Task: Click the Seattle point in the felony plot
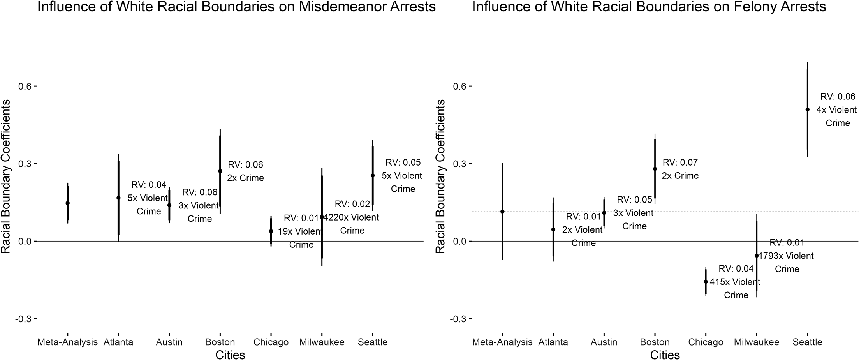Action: point(807,109)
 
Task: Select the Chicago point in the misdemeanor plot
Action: point(271,231)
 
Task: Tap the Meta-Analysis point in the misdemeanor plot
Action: point(67,203)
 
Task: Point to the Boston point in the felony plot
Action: point(655,169)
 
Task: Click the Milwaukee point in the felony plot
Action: point(757,256)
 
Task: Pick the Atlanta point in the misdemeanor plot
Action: point(118,198)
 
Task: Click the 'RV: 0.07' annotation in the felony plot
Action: point(680,162)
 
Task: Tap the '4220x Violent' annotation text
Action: point(351,217)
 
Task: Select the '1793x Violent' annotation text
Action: point(786,256)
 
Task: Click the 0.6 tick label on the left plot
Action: point(25,86)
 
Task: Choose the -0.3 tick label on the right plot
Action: point(458,319)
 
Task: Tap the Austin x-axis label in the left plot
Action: point(169,342)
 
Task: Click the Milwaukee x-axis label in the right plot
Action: point(757,342)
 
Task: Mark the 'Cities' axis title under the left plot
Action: point(230,355)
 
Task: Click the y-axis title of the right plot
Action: point(440,176)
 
